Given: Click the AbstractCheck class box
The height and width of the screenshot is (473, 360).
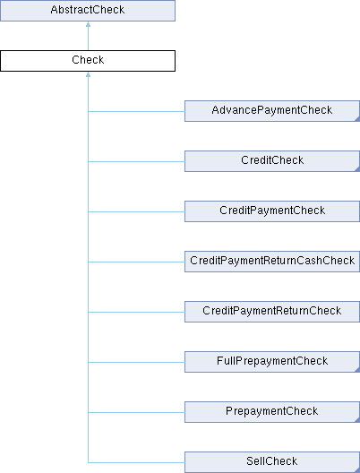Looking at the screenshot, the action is click(88, 11).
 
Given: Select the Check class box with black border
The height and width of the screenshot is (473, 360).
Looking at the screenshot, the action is click(88, 61).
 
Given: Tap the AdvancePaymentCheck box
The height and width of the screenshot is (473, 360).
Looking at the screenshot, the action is click(272, 111).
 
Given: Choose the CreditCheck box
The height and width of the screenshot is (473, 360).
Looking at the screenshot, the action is click(272, 161).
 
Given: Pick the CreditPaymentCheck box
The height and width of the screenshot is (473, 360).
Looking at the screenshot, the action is click(272, 211).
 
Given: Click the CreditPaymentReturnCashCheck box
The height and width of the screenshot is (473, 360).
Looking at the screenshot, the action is click(272, 262).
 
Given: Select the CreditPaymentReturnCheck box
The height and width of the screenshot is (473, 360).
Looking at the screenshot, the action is click(272, 312).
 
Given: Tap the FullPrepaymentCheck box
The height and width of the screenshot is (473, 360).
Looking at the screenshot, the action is click(272, 362).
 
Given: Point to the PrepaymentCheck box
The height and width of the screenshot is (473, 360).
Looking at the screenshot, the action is click(272, 412).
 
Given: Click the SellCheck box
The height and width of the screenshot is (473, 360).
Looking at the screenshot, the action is click(272, 462).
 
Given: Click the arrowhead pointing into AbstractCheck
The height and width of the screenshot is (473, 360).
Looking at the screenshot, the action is click(88, 24).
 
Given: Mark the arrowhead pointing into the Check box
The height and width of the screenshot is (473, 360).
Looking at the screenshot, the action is click(88, 74).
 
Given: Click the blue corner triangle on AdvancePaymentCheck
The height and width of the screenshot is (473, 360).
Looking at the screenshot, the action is click(357, 119).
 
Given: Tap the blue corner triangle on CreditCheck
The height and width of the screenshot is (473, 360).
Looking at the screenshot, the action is click(357, 169).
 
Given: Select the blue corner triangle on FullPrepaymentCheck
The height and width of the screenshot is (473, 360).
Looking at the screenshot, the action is click(357, 370).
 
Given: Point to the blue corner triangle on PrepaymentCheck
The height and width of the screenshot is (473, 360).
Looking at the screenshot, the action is click(357, 420).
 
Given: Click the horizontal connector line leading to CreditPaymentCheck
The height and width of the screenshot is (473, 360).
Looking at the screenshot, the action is click(136, 211).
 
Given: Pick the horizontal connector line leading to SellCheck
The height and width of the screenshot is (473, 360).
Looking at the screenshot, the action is click(136, 462).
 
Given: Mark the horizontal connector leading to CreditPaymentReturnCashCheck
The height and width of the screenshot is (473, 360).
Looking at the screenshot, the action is click(136, 262).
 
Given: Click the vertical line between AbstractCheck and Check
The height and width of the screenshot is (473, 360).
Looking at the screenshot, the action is click(88, 39).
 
